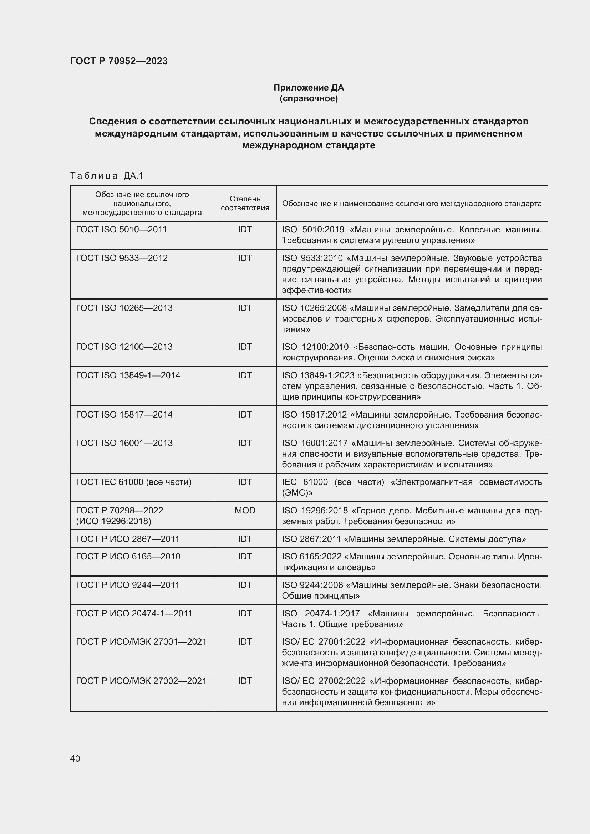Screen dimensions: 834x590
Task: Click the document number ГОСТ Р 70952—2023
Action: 119,61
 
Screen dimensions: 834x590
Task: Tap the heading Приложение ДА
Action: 309,88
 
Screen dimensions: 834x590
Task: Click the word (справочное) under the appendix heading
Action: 309,98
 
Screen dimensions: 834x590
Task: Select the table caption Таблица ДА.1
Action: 107,176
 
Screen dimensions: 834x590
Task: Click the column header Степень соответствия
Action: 245,203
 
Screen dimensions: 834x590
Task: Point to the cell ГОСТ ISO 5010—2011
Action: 121,230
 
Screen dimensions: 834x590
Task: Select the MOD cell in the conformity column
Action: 245,510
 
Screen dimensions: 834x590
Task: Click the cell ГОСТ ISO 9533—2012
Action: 122,258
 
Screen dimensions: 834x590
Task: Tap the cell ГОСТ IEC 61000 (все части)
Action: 134,482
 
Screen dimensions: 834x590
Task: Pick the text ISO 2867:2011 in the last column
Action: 311,539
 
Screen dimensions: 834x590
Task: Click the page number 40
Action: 75,758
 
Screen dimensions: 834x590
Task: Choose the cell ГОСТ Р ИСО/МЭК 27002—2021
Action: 141,681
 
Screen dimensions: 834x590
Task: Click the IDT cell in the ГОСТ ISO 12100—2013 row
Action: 245,347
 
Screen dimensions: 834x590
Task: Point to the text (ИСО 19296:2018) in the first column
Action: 113,521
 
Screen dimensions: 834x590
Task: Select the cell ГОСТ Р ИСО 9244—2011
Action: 127,585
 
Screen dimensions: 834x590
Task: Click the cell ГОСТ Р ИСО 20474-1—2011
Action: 134,614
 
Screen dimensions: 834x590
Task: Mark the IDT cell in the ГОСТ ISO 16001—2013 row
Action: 245,443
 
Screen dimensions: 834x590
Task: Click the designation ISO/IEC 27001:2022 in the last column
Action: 324,642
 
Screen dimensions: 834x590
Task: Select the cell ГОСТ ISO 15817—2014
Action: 124,414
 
